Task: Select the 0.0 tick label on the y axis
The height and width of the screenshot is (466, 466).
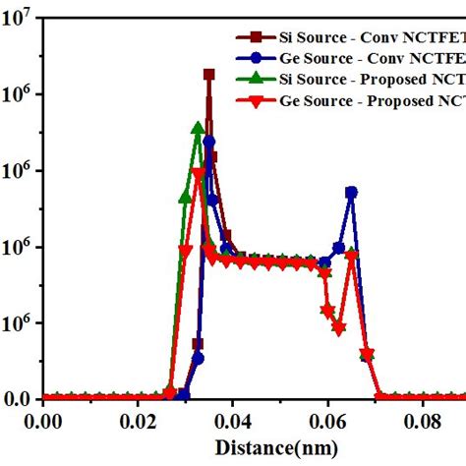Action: (x=19, y=399)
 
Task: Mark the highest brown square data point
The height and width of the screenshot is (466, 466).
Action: (x=208, y=74)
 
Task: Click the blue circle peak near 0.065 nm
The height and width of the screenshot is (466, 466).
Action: (x=351, y=193)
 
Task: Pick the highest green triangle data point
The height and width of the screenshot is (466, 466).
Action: (x=199, y=128)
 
